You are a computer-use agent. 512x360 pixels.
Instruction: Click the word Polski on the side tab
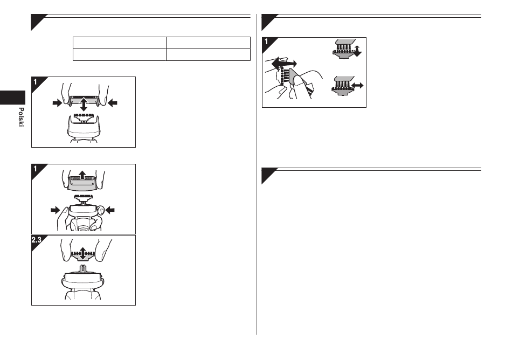click(21, 117)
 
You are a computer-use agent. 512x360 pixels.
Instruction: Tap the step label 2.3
click(36, 240)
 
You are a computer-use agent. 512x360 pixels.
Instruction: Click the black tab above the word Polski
click(12, 98)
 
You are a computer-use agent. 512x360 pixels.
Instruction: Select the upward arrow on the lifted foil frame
click(82, 175)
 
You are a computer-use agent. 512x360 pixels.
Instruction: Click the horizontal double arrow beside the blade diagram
click(357, 86)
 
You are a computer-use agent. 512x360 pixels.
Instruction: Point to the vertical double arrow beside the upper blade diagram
click(357, 51)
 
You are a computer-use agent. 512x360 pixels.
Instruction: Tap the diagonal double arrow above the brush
click(284, 63)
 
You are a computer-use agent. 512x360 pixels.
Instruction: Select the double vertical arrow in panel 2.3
click(83, 254)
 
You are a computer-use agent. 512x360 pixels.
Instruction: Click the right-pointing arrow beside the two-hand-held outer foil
click(58, 103)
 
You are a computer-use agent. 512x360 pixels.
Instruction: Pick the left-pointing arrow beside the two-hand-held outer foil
click(112, 103)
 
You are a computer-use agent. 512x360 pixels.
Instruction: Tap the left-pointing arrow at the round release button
click(110, 210)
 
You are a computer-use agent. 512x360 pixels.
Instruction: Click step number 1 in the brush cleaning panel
click(266, 42)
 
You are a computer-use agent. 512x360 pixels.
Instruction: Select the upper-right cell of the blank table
click(209, 43)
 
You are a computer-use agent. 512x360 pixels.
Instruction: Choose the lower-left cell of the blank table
click(120, 55)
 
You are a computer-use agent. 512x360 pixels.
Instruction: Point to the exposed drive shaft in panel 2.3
click(83, 269)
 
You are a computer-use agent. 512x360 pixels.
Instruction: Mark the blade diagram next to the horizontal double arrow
click(343, 86)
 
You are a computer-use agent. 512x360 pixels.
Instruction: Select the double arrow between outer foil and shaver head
click(84, 104)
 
